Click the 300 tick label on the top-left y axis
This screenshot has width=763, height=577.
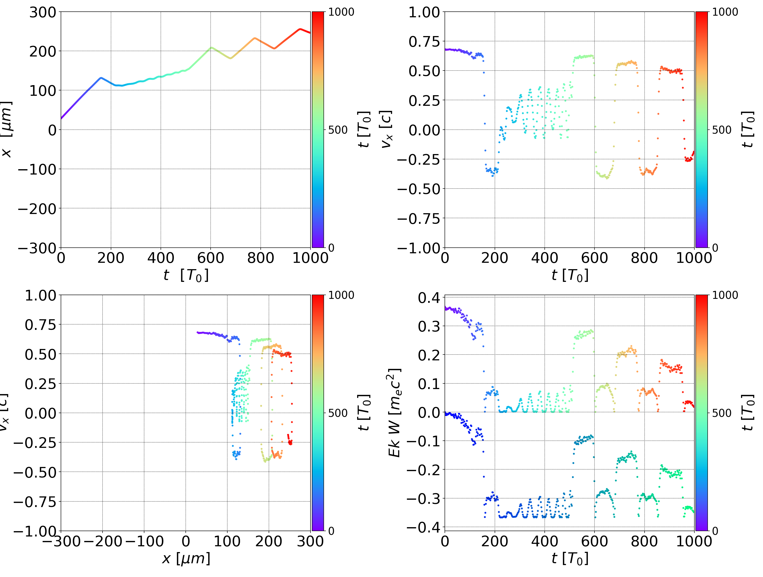pyautogui.click(x=42, y=12)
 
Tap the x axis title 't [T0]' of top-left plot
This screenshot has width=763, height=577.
pyautogui.click(x=186, y=275)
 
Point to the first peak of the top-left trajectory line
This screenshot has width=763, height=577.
pyautogui.click(x=101, y=78)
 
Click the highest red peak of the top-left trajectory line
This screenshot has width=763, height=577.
pyautogui.click(x=300, y=29)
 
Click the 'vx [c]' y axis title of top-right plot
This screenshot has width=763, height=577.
pyautogui.click(x=386, y=129)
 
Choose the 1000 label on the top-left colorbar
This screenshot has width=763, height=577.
pyautogui.click(x=341, y=12)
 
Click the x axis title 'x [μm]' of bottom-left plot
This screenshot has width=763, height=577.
pyautogui.click(x=186, y=558)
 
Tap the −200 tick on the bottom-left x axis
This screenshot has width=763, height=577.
pyautogui.click(x=103, y=541)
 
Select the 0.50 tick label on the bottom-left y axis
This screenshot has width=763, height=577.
pyautogui.click(x=40, y=354)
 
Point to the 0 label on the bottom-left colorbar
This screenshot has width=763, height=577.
pyautogui.click(x=331, y=531)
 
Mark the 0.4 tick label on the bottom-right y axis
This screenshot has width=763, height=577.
pyautogui.click(x=429, y=298)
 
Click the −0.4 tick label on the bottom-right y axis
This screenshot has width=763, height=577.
pyautogui.click(x=424, y=527)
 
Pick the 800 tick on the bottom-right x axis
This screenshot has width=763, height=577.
pyautogui.click(x=644, y=541)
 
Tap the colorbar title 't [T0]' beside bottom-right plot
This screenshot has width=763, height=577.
pyautogui.click(x=747, y=413)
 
